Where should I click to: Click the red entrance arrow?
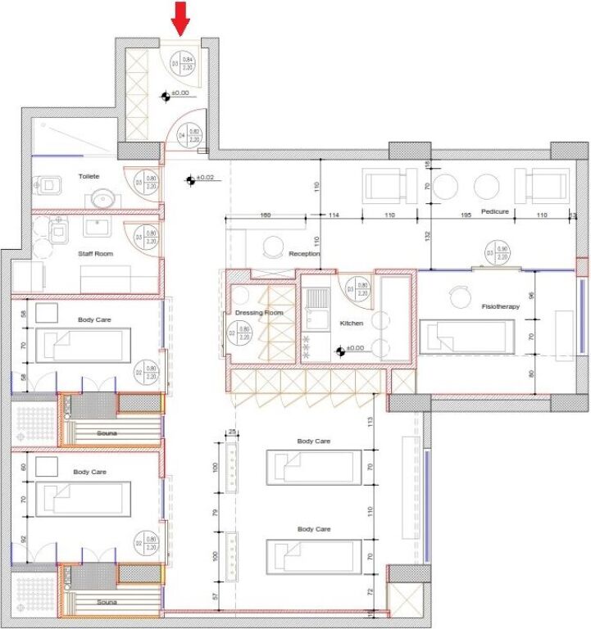(x=181, y=16)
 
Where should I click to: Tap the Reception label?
(x=304, y=254)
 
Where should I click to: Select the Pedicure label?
(x=494, y=211)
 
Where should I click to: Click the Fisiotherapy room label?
(x=500, y=306)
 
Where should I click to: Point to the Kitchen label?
(x=351, y=324)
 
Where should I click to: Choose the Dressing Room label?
(x=258, y=313)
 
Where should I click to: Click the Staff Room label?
(x=96, y=254)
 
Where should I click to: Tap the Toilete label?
(x=89, y=176)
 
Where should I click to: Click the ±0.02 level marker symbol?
(x=190, y=179)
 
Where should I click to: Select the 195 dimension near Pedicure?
(x=465, y=215)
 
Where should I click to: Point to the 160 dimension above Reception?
(x=265, y=215)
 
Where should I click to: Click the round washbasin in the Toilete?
(x=102, y=198)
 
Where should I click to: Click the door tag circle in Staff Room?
(x=148, y=237)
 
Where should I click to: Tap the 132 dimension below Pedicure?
(x=427, y=236)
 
